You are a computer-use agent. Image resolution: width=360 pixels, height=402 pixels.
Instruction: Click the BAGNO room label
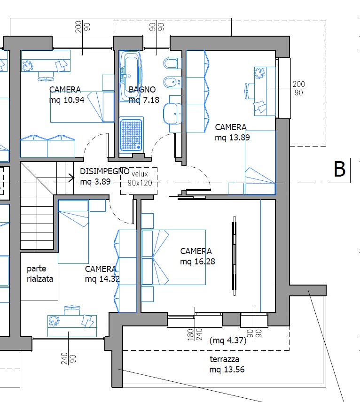pos(142,90)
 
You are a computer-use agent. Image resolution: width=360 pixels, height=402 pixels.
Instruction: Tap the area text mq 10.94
pos(67,100)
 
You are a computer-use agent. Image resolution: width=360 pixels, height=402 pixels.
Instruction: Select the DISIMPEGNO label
pos(105,171)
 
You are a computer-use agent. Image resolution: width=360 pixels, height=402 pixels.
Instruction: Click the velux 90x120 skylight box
pos(139,181)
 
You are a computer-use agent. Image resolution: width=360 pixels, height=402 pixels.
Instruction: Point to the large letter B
pos(340,169)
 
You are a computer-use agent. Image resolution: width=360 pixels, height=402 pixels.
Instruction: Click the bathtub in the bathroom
pos(131,76)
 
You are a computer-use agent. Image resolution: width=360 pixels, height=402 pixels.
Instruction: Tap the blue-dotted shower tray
pos(132,134)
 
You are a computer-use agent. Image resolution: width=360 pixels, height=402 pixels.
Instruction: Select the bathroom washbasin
pos(172,114)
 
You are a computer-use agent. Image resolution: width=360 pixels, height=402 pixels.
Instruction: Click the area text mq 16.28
pos(197,262)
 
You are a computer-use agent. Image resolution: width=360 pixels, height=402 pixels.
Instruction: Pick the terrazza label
pos(225,359)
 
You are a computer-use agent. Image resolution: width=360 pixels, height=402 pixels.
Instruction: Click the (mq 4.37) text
pos(228,340)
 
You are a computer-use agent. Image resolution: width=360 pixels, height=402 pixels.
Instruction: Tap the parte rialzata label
pos(40,273)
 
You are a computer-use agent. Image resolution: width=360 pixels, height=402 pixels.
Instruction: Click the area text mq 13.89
pos(232,138)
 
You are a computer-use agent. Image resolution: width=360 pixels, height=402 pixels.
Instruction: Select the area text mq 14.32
pos(102,278)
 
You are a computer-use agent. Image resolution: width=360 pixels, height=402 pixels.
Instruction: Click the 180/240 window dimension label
pos(195,334)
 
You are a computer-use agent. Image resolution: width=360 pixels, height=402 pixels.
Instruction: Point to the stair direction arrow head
pos(72,177)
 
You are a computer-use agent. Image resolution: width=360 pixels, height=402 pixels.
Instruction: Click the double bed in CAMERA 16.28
pos(174,257)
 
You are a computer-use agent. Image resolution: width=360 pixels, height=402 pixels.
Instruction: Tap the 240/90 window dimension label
pos(69,358)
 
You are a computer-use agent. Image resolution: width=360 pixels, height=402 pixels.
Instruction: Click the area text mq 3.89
pos(95,182)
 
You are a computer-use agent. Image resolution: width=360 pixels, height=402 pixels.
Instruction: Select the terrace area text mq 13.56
pos(227,370)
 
